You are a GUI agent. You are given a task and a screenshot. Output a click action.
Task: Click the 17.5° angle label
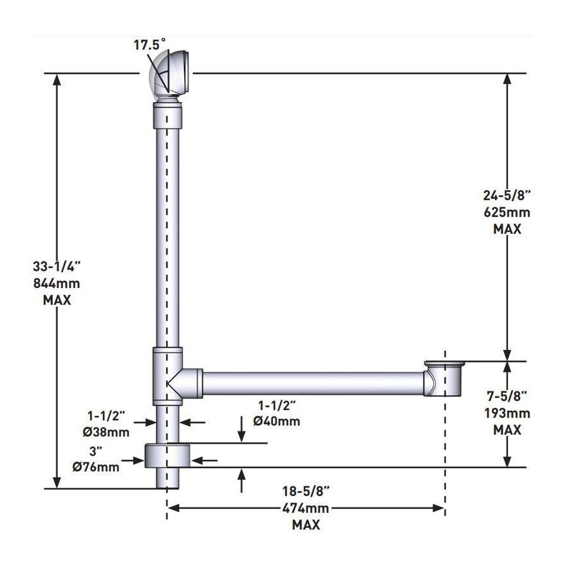point(150,45)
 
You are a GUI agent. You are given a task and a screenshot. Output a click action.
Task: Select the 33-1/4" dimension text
point(57,266)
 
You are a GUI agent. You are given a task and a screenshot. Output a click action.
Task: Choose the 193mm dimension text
point(507,413)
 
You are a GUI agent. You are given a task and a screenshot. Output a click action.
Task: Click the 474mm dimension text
point(307,508)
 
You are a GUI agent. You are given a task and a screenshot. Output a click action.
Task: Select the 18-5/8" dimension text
point(307,491)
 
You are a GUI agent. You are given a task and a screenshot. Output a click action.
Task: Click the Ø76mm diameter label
point(96,467)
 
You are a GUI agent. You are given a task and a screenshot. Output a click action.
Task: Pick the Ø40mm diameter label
point(276,420)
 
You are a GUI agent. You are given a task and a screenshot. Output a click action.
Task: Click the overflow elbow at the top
point(170,75)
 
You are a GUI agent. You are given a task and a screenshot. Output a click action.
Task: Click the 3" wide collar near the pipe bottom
point(168,455)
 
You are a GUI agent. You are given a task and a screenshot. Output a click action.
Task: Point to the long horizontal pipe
point(311,383)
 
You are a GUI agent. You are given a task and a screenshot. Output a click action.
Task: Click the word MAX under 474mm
point(306,525)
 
